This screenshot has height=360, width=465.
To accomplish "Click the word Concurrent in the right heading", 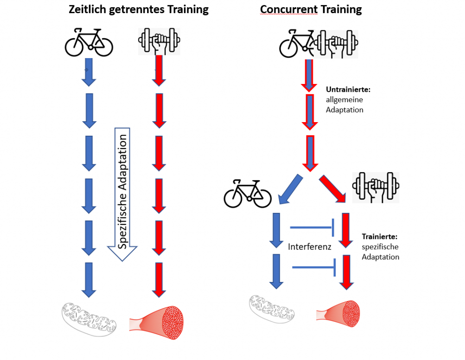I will click(286, 10).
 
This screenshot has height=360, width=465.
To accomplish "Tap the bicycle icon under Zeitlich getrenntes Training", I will click(89, 42).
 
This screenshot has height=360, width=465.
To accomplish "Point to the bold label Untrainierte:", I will click(348, 90).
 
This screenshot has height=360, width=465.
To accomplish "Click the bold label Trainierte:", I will click(380, 237).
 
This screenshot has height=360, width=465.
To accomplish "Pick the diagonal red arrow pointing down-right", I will click(332, 187).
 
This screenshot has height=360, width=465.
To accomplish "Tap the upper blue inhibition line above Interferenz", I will click(312, 227).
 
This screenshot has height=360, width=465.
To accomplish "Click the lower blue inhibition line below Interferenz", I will click(314, 267).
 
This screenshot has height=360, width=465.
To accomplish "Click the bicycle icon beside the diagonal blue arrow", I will click(247, 193).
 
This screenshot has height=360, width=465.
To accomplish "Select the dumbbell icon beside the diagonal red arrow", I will click(376, 187).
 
